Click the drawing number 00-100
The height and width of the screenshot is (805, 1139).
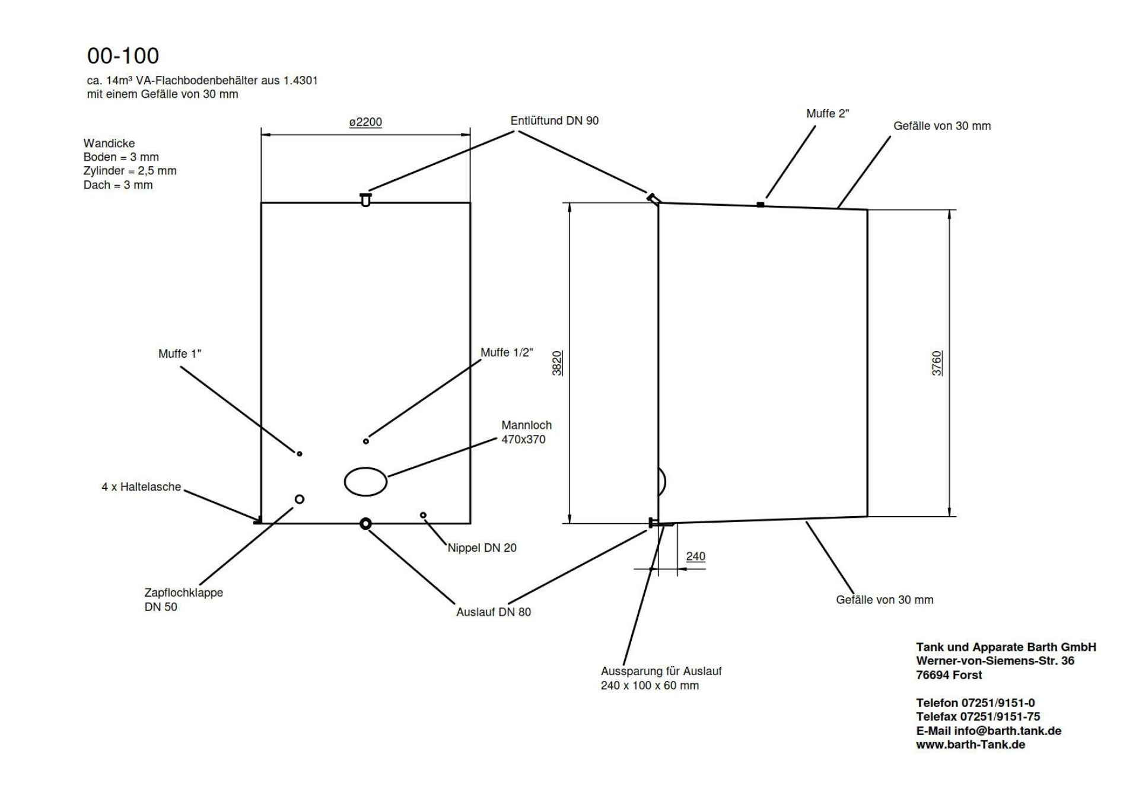coord(123,56)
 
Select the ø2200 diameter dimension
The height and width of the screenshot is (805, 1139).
coord(365,122)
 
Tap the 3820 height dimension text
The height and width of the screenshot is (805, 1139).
coord(557,363)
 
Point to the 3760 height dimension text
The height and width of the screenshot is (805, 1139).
coord(937,363)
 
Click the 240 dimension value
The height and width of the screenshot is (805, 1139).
coord(696,556)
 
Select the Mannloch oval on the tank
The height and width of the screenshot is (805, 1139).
coord(366,481)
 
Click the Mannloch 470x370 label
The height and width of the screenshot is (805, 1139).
coord(526,432)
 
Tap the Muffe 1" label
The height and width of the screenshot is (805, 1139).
coord(180,354)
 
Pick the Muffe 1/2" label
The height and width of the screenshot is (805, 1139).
coord(507,353)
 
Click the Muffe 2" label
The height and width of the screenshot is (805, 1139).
coord(828,113)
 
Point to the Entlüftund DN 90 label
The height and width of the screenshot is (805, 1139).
coord(555,121)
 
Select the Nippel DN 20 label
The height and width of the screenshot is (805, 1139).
coord(482,548)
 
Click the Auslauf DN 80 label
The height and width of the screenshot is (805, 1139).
coord(494,612)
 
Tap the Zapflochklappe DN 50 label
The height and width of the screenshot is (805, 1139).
coord(184,600)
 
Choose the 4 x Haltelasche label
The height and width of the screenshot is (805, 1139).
coord(141,487)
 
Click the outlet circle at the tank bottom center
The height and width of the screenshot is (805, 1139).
coord(365,523)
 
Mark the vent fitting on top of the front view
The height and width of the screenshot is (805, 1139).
coord(365,199)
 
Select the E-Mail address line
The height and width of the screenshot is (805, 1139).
coord(989,731)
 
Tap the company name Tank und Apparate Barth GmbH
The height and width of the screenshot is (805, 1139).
coord(1006,647)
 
